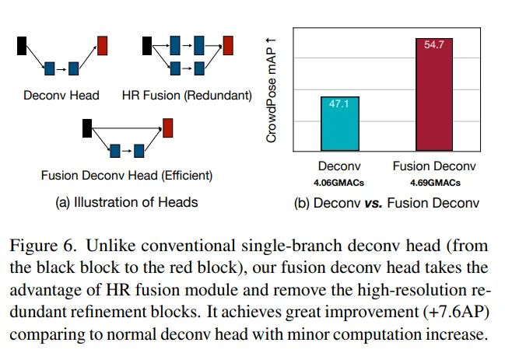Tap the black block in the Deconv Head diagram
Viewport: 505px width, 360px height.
click(22, 45)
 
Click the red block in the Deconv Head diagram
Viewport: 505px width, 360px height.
click(103, 45)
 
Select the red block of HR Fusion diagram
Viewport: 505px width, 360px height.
click(228, 44)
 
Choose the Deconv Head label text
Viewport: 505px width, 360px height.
click(61, 96)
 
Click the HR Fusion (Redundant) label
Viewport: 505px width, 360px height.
click(187, 96)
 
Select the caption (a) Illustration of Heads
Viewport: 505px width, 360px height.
click(126, 202)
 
